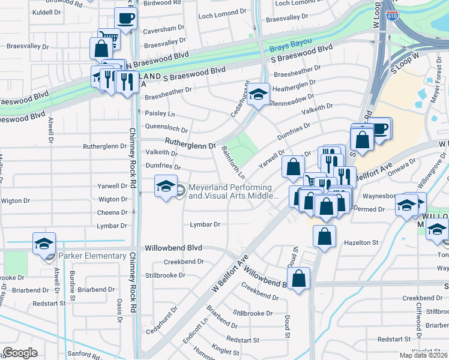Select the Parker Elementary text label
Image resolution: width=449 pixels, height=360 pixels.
click(92, 256)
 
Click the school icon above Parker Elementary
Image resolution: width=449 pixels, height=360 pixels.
click(44, 244)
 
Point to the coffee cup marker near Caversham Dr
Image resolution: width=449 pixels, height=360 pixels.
click(125, 19)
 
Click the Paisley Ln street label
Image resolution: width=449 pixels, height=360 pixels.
click(160, 113)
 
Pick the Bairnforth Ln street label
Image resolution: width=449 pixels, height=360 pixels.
click(233, 162)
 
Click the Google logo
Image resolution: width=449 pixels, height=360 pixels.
click(20, 353)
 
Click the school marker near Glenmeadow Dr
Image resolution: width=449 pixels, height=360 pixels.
click(258, 94)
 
